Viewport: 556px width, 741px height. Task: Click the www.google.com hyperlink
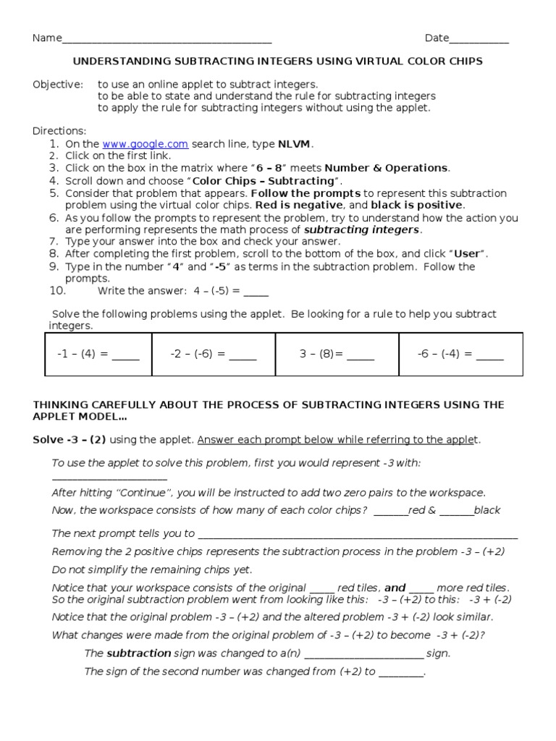(x=145, y=144)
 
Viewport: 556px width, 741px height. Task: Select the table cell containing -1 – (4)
(x=98, y=355)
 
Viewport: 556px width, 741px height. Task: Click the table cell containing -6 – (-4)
(x=460, y=355)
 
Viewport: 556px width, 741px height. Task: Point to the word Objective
(x=57, y=85)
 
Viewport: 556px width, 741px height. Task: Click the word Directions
(x=59, y=131)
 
